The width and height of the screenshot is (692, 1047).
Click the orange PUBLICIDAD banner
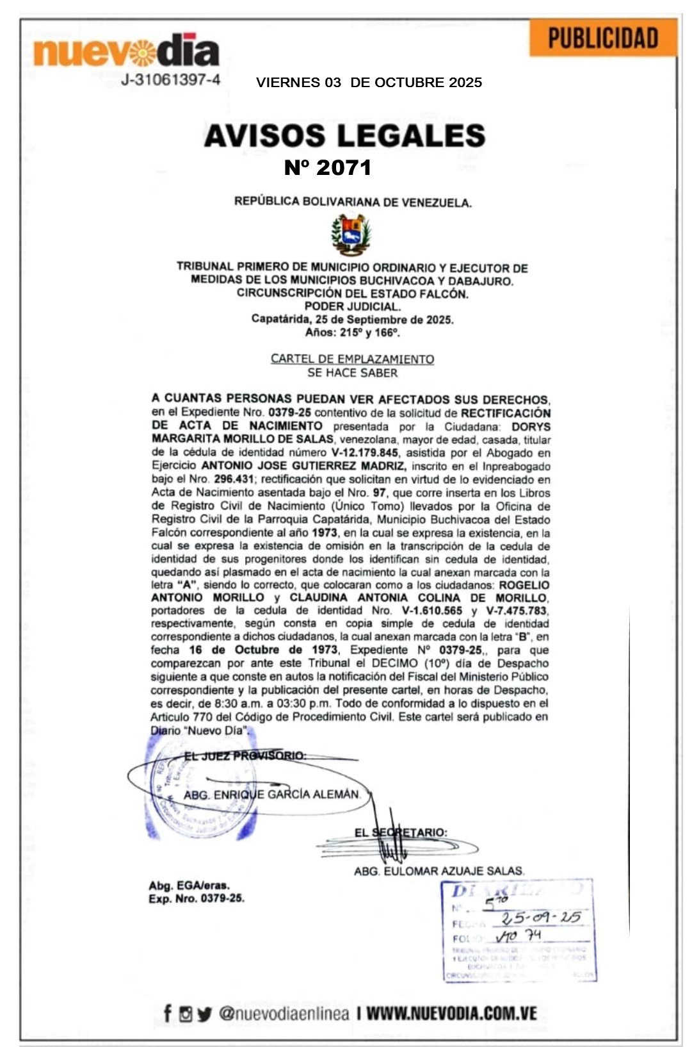tap(602, 38)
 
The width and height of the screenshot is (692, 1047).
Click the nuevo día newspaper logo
tap(127, 51)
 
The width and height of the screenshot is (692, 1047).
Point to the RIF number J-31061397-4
tap(171, 80)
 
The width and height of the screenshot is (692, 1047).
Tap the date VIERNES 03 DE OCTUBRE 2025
tap(369, 83)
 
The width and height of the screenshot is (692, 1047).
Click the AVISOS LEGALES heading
tap(344, 136)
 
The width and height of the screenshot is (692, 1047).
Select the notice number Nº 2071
tap(328, 168)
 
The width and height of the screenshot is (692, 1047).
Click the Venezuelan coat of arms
tap(351, 235)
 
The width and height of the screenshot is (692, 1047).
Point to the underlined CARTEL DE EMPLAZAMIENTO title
tap(352, 359)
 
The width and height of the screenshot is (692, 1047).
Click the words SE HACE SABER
tap(352, 373)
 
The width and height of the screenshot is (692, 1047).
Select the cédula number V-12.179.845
tap(361, 453)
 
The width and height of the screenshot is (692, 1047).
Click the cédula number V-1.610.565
tap(432, 611)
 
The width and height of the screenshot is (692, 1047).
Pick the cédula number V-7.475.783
tap(516, 611)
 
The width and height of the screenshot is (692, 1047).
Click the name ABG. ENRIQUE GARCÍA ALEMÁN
tap(271, 795)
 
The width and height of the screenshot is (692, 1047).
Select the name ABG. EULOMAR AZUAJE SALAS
tap(439, 871)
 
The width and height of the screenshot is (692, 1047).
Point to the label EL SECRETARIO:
tap(401, 833)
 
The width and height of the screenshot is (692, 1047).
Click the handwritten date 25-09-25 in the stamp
tap(541, 917)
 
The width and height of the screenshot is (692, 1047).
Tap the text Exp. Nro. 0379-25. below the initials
tap(197, 898)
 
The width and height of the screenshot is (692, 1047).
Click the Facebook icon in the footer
tap(168, 1013)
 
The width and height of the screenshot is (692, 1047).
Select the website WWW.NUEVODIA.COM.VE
tap(451, 1014)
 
